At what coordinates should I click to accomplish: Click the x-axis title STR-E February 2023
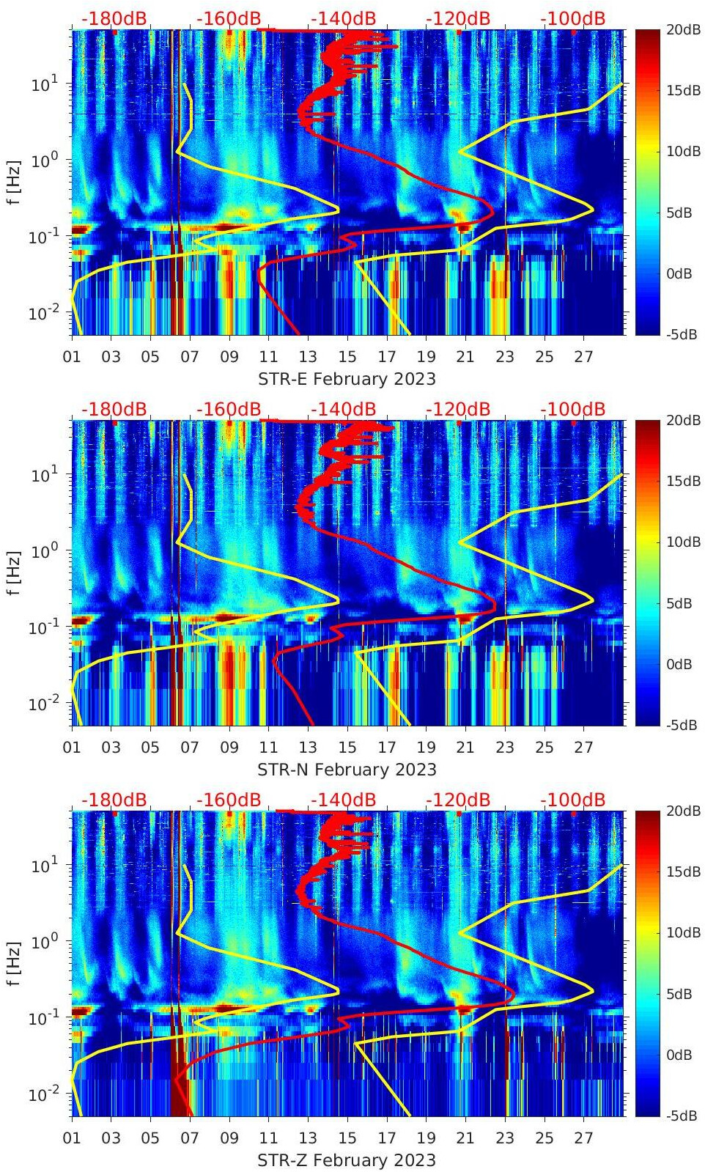pyautogui.click(x=347, y=379)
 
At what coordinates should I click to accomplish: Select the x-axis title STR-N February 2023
pyautogui.click(x=347, y=770)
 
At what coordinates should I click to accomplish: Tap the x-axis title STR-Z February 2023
pyautogui.click(x=347, y=1160)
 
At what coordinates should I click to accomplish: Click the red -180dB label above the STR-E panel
pyautogui.click(x=114, y=18)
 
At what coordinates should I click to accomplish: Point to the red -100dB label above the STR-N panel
pyautogui.click(x=573, y=409)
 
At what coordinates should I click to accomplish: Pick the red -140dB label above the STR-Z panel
pyautogui.click(x=343, y=800)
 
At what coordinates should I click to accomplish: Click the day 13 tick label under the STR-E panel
pyautogui.click(x=308, y=357)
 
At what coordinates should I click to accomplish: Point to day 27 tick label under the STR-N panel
pyautogui.click(x=583, y=748)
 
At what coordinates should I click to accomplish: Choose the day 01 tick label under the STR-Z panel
pyautogui.click(x=72, y=1138)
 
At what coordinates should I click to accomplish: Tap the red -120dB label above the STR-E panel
pyautogui.click(x=458, y=18)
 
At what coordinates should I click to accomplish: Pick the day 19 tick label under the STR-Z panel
pyautogui.click(x=426, y=1138)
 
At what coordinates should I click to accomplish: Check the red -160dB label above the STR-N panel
pyautogui.click(x=229, y=409)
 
